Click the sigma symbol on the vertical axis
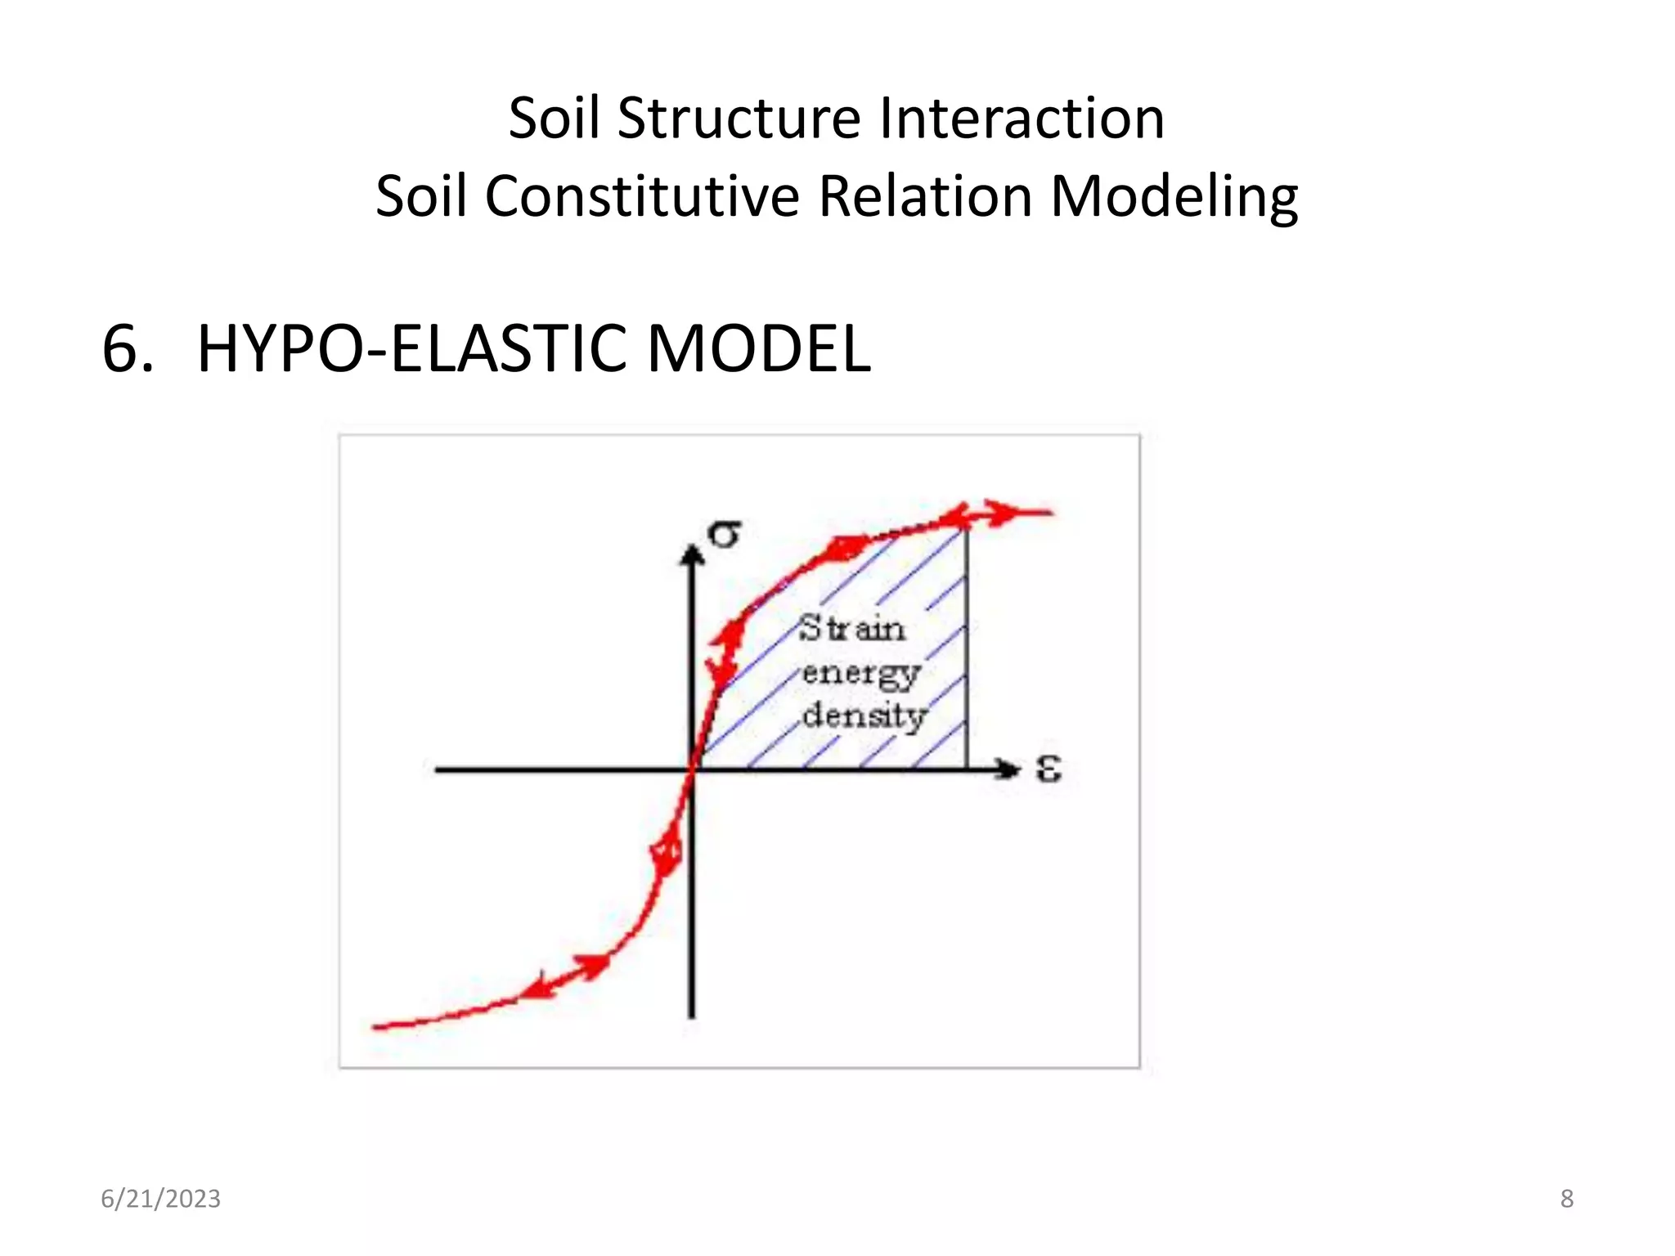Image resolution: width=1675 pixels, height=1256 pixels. [725, 535]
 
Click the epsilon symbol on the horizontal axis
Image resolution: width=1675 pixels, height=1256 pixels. [1049, 769]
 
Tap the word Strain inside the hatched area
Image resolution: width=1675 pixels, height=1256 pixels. [852, 629]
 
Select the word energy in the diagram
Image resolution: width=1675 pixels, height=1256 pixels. [861, 674]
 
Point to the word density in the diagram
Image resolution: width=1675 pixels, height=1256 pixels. [864, 716]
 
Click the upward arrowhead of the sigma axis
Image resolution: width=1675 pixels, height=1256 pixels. [693, 556]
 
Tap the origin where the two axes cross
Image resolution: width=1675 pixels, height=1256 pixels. [693, 769]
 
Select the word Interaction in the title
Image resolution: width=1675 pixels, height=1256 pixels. [1022, 118]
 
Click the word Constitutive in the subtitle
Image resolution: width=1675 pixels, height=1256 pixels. [642, 197]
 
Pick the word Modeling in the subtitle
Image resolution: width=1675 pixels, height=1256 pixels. [1174, 197]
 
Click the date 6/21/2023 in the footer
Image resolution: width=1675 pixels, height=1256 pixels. [160, 1199]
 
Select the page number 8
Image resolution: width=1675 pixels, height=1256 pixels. [1566, 1199]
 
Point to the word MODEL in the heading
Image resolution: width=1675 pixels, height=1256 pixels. [758, 349]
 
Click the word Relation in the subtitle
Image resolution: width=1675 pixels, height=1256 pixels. [924, 197]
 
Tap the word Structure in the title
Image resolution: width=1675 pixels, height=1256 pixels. [739, 118]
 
